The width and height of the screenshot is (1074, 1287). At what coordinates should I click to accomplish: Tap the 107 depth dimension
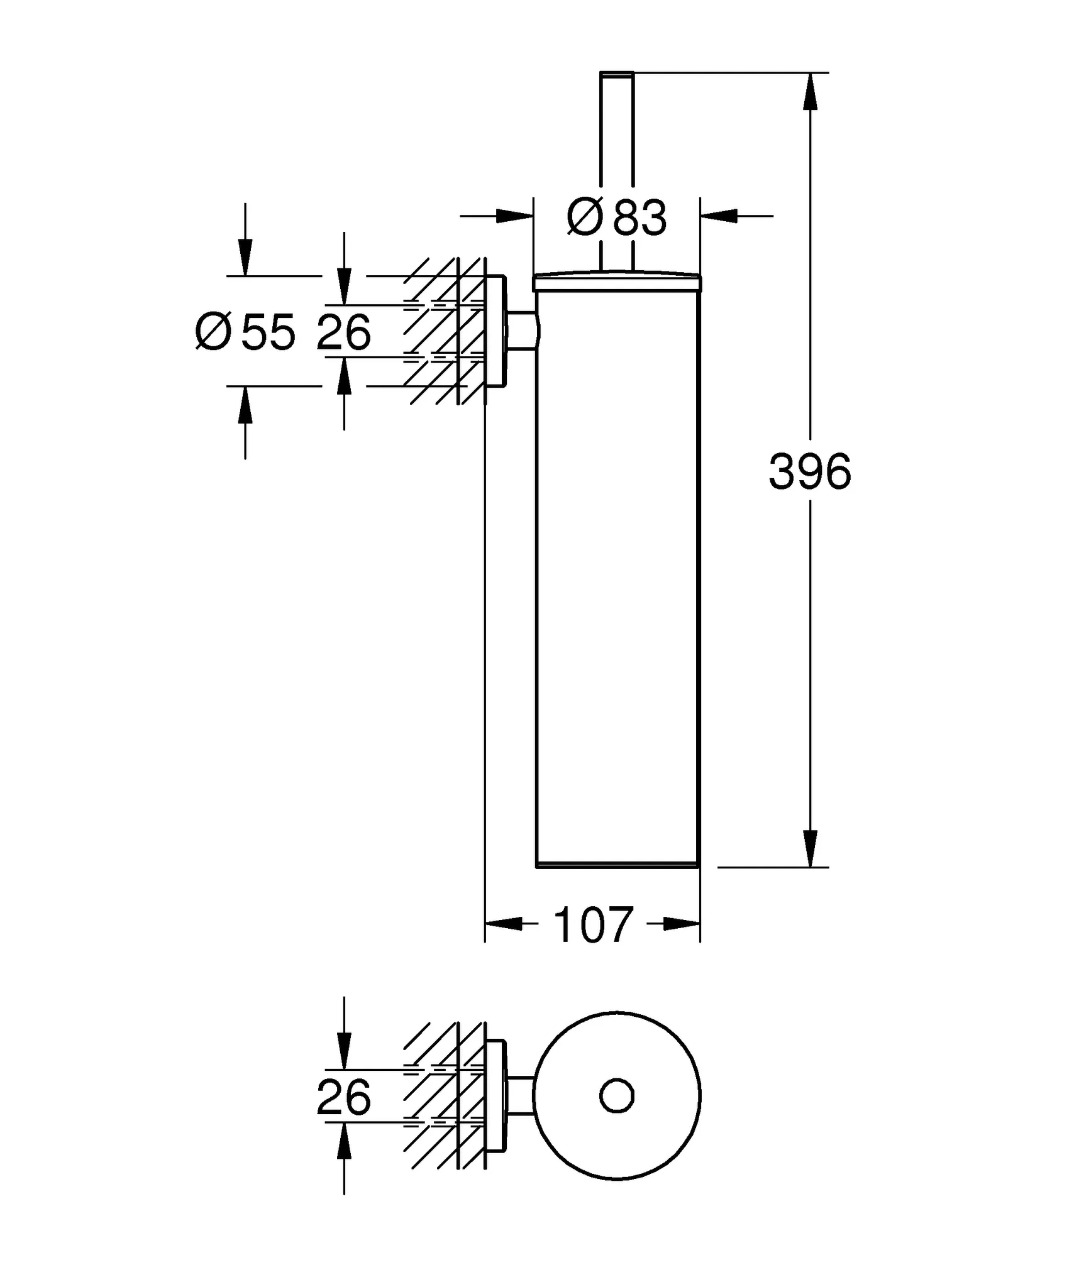[592, 924]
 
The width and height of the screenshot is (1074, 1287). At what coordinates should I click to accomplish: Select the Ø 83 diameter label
[616, 217]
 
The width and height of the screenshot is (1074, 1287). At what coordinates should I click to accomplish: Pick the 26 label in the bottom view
[344, 1097]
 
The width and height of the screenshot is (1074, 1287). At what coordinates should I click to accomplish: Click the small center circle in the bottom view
[617, 1096]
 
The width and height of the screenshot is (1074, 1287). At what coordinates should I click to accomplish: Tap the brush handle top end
[617, 74]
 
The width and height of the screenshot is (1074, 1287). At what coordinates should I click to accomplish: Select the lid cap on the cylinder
[616, 282]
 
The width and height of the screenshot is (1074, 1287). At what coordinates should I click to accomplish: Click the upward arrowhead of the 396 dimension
[811, 91]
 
